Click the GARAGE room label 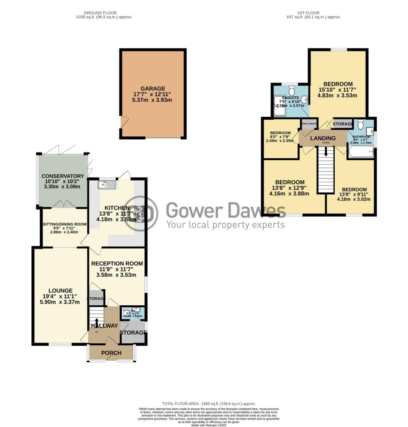pyautogui.click(x=153, y=88)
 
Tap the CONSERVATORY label pyautogui.click(x=63, y=176)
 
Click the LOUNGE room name pyautogui.click(x=60, y=291)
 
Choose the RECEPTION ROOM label pyautogui.click(x=117, y=264)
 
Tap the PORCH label pyautogui.click(x=111, y=353)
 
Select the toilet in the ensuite pyautogui.click(x=291, y=89)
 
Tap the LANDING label pyautogui.click(x=324, y=138)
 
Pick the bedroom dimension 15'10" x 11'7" pyautogui.click(x=338, y=90)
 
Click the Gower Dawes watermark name pyautogui.click(x=226, y=211)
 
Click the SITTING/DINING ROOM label pyautogui.click(x=65, y=224)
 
